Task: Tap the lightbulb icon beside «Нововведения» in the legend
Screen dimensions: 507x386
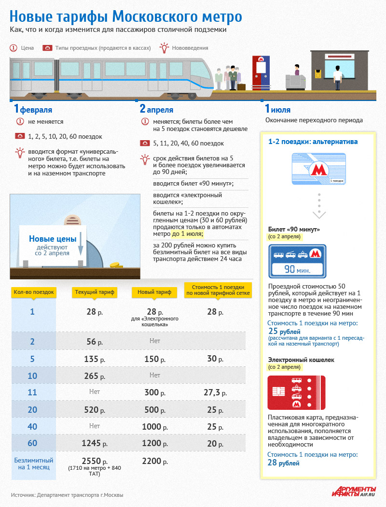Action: point(165,48)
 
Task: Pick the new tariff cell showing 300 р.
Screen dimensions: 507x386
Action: point(154,392)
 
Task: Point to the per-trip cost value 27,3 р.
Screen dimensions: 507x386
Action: point(212,392)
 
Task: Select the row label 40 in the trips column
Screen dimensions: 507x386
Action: point(32,427)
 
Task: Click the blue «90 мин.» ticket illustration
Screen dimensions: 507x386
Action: point(297,261)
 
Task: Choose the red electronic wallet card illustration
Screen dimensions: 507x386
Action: point(296,393)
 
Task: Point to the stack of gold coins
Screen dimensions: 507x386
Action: point(116,265)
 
